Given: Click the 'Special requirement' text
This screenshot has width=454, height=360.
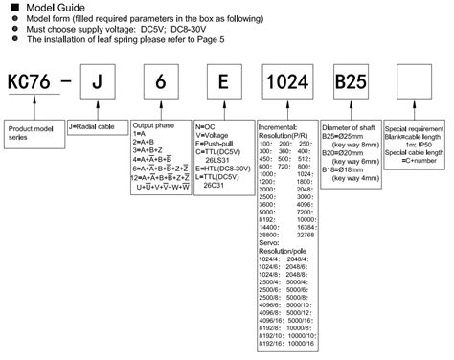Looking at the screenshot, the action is (420, 126).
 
